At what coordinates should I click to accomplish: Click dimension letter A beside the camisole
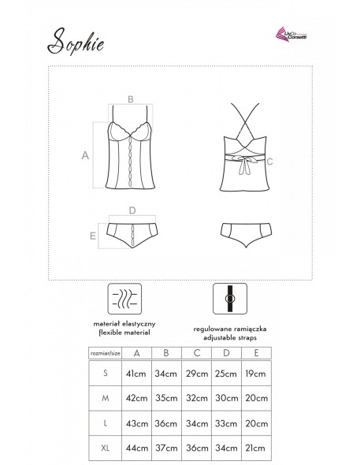[84, 156]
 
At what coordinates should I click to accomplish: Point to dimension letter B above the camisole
[130, 99]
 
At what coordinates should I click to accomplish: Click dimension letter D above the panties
[132, 210]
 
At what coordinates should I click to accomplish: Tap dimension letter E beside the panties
[92, 235]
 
